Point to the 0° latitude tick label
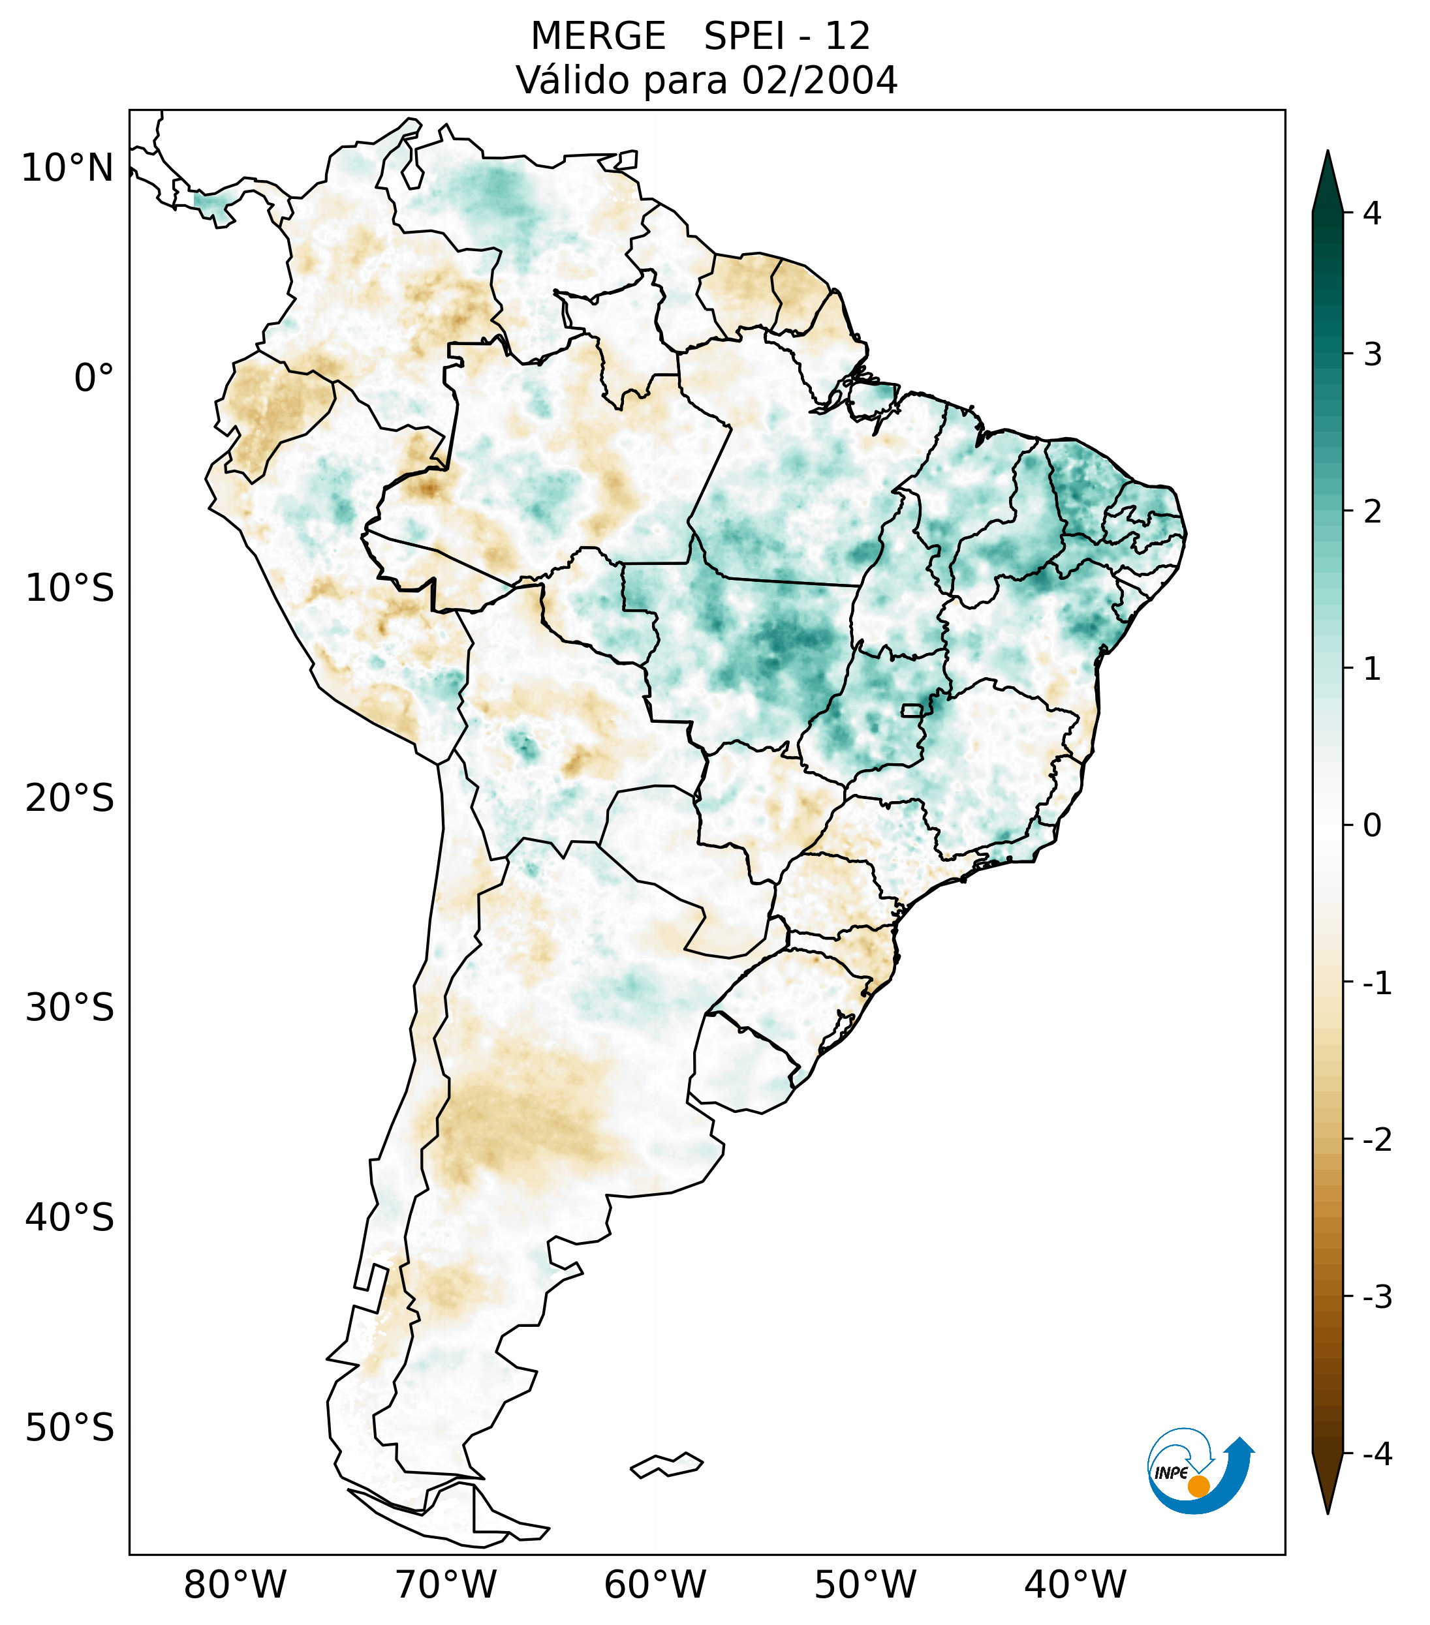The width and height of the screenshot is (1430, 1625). pyautogui.click(x=93, y=378)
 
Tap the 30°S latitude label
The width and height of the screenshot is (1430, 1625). pyautogui.click(x=70, y=1008)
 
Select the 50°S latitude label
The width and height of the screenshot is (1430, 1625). pyautogui.click(x=70, y=1428)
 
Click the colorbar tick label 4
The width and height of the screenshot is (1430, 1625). pyautogui.click(x=1372, y=213)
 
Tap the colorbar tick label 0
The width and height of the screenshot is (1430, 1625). pyautogui.click(x=1372, y=826)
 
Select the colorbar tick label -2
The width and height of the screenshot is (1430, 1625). pyautogui.click(x=1376, y=1140)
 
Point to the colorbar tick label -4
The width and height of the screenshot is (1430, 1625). pyautogui.click(x=1376, y=1454)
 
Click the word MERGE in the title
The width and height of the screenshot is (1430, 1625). pyautogui.click(x=598, y=37)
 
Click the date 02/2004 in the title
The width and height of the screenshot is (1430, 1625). pyautogui.click(x=819, y=80)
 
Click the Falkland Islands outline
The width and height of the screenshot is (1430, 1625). pyautogui.click(x=666, y=1465)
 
